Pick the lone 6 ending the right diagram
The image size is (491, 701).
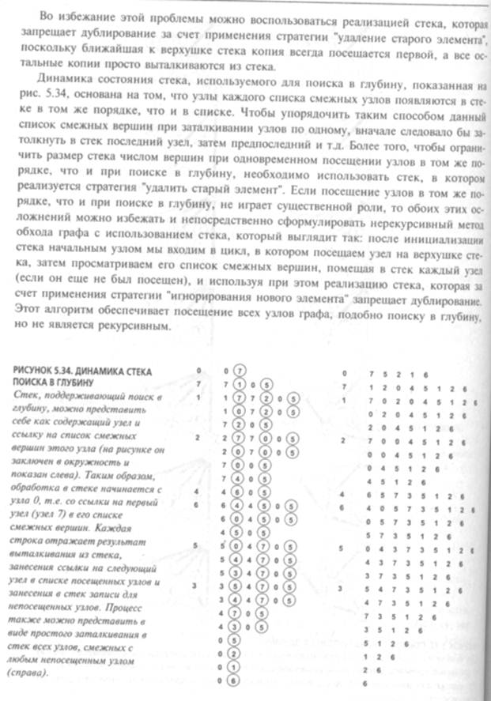pyautogui.click(x=366, y=680)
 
